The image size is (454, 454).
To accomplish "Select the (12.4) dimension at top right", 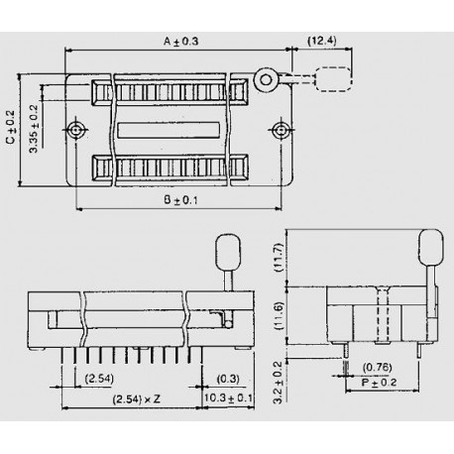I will click(321, 41).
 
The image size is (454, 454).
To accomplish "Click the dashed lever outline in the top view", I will click(333, 78).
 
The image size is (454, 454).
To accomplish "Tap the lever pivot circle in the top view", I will click(265, 78).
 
